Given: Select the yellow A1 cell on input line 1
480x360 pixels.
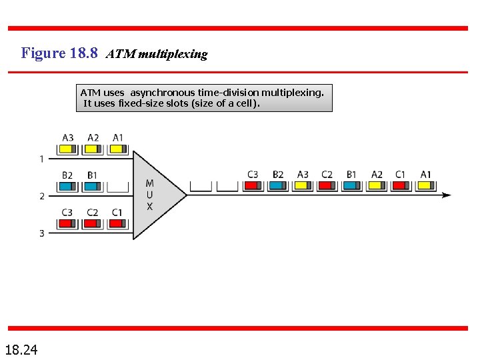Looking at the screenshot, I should (117, 149).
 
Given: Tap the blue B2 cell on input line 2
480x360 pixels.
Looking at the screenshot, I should (68, 186).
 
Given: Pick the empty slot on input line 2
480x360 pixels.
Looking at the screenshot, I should (117, 186).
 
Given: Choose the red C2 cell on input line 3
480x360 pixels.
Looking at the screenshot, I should (93, 223).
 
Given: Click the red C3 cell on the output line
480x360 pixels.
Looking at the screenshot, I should (253, 185).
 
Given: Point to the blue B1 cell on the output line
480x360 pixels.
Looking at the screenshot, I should (351, 185).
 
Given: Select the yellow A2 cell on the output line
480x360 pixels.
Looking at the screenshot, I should (377, 185).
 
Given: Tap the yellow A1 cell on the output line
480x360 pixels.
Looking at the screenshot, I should (426, 185).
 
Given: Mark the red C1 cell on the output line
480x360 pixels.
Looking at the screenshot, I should (401, 185).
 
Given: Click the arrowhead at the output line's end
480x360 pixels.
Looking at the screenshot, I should (446, 195).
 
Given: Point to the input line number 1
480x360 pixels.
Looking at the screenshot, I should (41, 159).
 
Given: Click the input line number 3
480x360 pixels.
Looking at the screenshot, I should (41, 233).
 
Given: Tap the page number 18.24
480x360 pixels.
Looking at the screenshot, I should (21, 349).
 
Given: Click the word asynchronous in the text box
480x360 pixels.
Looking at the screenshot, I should (162, 93).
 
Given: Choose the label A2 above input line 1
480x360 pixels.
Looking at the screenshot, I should (93, 138).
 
